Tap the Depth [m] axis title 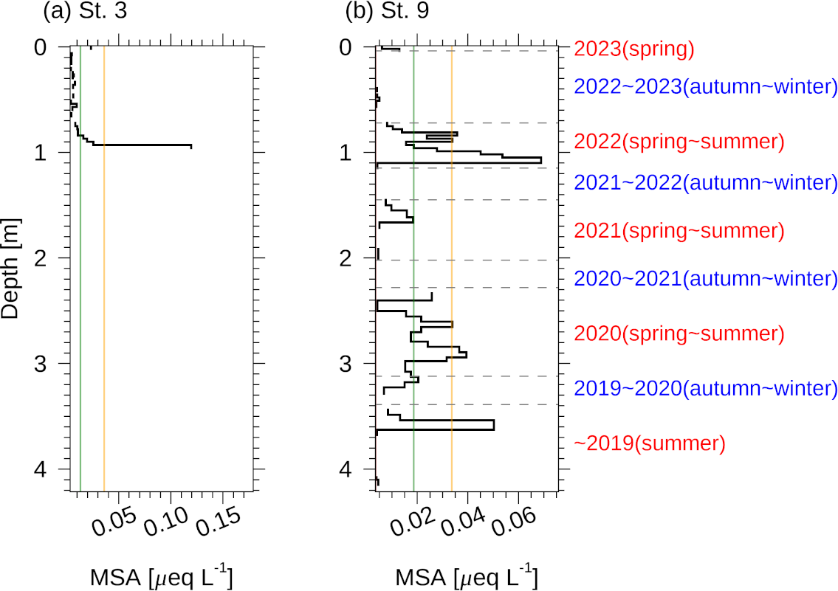pos(10,268)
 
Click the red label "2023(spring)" pos(634,49)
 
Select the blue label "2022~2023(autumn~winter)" pos(705,86)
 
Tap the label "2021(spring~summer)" pos(679,231)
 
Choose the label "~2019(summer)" pos(649,443)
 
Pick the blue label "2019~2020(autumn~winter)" pos(705,388)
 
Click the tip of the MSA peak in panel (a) pos(191,146)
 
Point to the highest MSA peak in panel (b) pos(541,159)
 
